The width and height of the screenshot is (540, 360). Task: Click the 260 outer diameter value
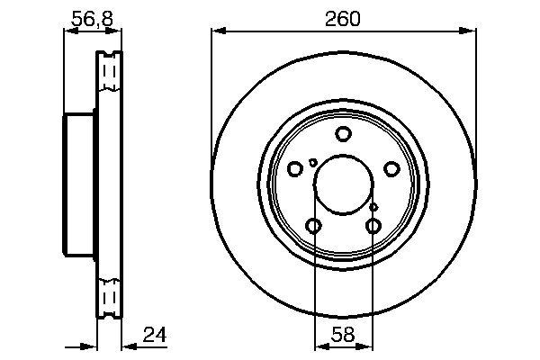coord(343,18)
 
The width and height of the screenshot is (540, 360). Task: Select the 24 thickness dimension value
coord(156,336)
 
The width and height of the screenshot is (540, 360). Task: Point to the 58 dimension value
coord(344,336)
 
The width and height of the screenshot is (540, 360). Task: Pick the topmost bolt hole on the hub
coord(343,135)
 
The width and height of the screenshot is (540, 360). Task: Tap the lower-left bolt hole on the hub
coord(313,226)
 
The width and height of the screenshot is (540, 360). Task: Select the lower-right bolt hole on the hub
coord(373,226)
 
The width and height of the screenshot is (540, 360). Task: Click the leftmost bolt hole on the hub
coord(295,168)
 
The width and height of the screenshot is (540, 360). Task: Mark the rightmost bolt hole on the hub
coord(391,168)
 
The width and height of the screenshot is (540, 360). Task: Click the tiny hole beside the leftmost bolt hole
coord(312,162)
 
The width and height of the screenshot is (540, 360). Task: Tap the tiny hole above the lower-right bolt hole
coord(373,207)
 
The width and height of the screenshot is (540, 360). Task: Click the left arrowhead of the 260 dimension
coord(217,31)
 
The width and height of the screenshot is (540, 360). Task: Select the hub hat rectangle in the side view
coord(79,184)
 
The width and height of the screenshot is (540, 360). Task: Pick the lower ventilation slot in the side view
coord(109,297)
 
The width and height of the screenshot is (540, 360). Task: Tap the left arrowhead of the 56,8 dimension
coord(68,31)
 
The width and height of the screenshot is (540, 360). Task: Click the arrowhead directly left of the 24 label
coord(127,345)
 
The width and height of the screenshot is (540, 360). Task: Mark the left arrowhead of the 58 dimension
coord(319,345)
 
